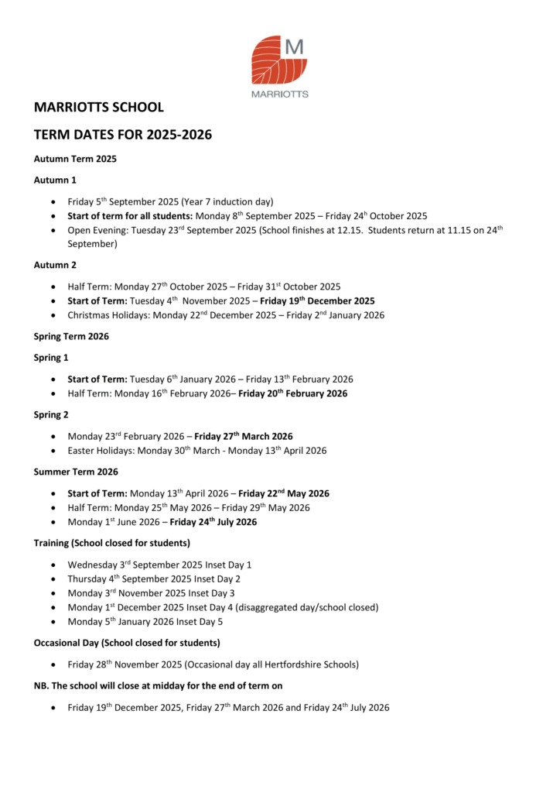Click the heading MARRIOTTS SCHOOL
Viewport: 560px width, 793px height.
[98, 107]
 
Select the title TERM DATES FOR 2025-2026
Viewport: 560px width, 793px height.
[122, 135]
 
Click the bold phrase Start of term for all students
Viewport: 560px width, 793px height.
[129, 216]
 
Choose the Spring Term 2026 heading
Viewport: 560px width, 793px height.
[71, 336]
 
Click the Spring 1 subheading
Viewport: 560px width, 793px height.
[51, 358]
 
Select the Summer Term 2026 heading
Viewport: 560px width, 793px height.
[75, 472]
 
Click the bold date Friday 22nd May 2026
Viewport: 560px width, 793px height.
[284, 493]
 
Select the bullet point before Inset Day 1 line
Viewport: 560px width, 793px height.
[52, 565]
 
